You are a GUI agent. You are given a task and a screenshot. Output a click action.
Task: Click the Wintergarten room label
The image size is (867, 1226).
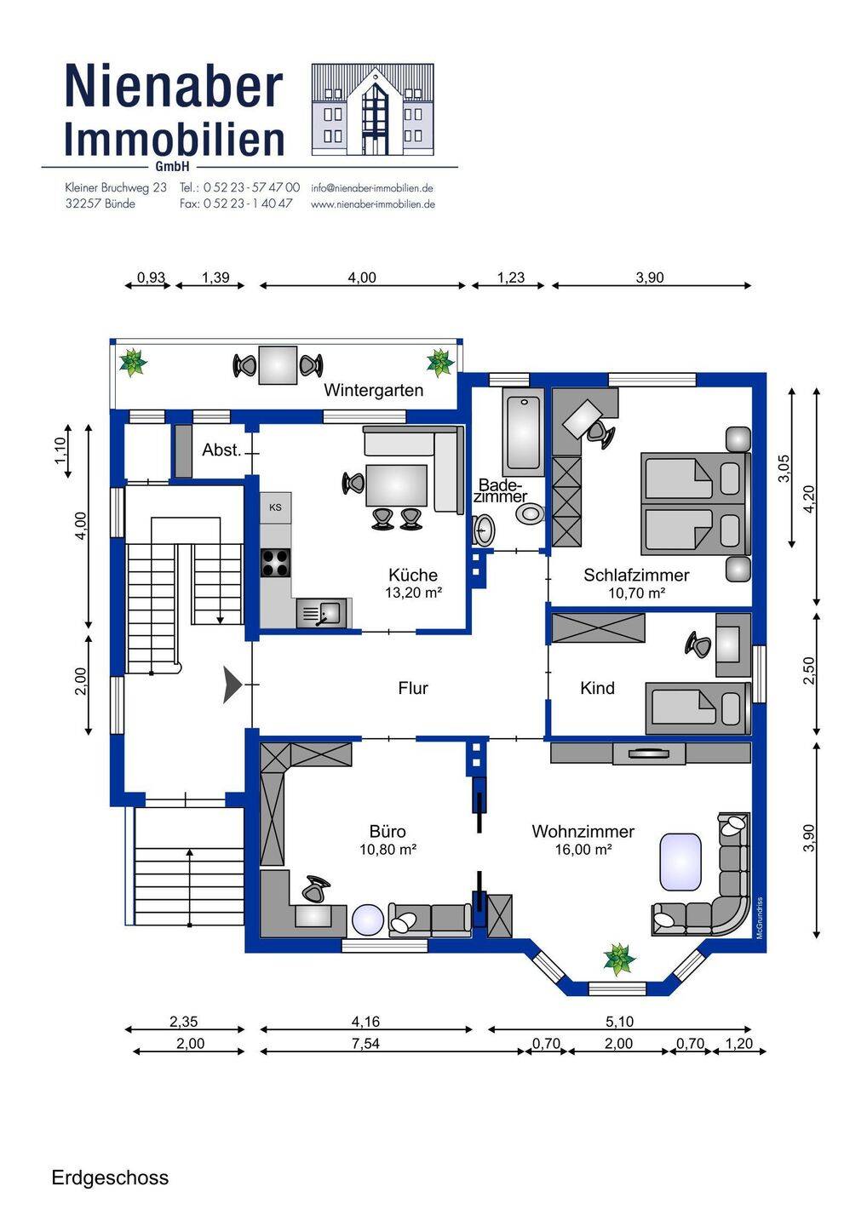click(373, 390)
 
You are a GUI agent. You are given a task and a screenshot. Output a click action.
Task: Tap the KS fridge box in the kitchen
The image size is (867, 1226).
click(275, 507)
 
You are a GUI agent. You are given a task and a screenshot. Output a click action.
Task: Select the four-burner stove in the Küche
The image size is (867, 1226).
click(275, 563)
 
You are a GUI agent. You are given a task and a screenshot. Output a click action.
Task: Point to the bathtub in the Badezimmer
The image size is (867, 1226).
click(523, 433)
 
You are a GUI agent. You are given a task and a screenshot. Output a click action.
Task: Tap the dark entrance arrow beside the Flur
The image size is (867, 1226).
click(232, 685)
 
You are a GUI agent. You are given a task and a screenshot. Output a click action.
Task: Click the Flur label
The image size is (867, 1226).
click(413, 687)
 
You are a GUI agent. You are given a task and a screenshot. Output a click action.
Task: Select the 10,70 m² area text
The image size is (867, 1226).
click(636, 593)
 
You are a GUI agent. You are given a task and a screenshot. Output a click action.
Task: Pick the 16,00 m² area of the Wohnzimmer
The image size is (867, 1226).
click(583, 849)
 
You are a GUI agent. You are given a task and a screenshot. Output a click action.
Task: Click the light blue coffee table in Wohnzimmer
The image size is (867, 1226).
click(680, 862)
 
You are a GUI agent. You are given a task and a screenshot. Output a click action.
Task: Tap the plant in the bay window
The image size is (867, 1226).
click(619, 959)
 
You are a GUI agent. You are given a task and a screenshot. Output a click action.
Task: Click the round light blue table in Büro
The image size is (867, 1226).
click(370, 920)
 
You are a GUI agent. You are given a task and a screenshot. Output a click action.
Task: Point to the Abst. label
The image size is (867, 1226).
click(221, 450)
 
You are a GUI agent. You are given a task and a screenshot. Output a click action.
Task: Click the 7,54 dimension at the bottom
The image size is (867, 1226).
click(365, 1043)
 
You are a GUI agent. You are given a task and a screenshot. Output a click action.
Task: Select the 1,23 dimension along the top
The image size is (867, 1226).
click(511, 278)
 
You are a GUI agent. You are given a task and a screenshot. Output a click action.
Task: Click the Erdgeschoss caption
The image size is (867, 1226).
click(110, 1173)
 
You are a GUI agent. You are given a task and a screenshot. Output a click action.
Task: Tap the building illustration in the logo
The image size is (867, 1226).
click(373, 110)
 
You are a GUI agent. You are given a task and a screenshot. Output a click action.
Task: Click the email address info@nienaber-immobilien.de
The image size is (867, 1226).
click(372, 187)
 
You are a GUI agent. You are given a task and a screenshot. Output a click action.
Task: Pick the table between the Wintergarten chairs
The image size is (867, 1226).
click(278, 365)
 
